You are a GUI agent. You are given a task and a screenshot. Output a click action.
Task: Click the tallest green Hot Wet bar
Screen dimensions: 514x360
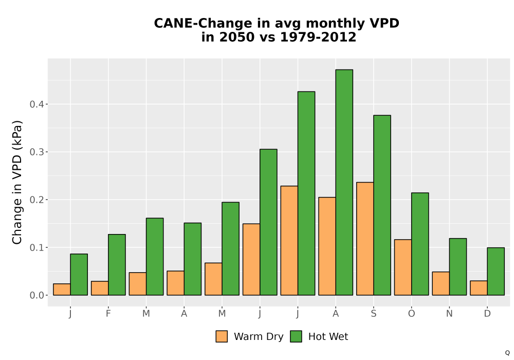(x=344, y=182)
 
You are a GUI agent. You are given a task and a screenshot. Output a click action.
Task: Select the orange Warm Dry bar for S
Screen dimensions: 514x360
(x=365, y=239)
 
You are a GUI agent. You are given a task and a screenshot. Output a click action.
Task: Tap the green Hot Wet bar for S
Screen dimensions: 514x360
(x=382, y=205)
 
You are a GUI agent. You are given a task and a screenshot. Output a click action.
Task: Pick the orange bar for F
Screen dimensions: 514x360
(x=100, y=288)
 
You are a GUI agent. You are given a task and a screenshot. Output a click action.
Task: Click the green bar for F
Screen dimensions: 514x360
(x=117, y=265)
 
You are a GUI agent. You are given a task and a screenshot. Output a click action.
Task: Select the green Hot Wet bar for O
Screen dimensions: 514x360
(x=420, y=244)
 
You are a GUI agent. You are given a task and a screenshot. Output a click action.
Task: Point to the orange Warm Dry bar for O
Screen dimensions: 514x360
(x=403, y=267)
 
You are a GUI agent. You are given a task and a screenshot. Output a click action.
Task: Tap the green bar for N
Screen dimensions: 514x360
(x=458, y=267)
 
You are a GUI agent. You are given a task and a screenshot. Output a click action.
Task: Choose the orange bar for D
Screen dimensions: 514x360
(x=479, y=288)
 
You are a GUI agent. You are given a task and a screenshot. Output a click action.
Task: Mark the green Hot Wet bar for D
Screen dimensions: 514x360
(x=496, y=272)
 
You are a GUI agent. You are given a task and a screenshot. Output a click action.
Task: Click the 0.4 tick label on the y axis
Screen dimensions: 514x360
(x=36, y=104)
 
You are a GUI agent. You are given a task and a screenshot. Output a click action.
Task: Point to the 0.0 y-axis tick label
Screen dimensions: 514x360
(x=36, y=295)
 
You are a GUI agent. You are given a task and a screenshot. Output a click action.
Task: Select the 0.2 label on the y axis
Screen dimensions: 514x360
(x=36, y=200)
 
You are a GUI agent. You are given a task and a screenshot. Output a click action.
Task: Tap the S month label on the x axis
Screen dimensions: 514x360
(x=373, y=314)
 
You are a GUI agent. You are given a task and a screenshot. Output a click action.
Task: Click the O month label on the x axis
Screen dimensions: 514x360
(x=411, y=314)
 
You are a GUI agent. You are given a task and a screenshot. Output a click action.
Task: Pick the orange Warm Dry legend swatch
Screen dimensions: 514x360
(x=222, y=336)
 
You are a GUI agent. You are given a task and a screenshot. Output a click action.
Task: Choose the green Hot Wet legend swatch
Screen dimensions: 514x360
(x=296, y=336)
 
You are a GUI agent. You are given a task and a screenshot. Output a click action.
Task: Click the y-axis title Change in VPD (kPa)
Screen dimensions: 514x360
(x=17, y=183)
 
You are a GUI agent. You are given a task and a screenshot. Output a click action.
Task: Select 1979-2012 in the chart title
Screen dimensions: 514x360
(x=318, y=37)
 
